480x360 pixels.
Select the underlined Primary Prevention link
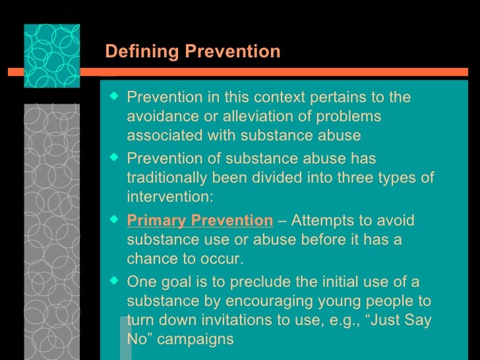click(200, 220)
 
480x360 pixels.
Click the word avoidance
click(160, 117)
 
